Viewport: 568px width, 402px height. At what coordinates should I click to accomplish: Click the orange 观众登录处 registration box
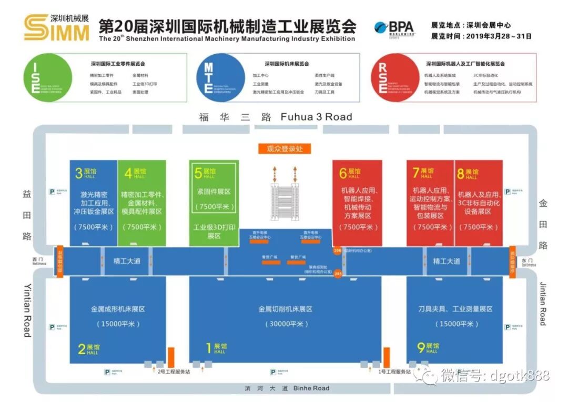click(x=285, y=149)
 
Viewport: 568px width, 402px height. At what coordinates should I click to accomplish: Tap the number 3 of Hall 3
click(x=79, y=173)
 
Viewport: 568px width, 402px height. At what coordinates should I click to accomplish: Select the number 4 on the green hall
click(x=128, y=173)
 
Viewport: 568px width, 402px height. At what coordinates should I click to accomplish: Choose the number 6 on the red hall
click(x=343, y=173)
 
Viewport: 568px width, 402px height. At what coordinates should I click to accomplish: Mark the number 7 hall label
click(x=415, y=173)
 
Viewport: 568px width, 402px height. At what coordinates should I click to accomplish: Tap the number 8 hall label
click(x=461, y=173)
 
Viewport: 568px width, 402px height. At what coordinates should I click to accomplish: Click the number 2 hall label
click(x=82, y=349)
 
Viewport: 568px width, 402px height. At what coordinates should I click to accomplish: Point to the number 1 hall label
click(x=209, y=348)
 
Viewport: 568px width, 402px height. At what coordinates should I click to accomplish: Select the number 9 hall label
click(x=421, y=347)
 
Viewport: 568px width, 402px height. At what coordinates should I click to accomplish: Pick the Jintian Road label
click(x=543, y=304)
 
